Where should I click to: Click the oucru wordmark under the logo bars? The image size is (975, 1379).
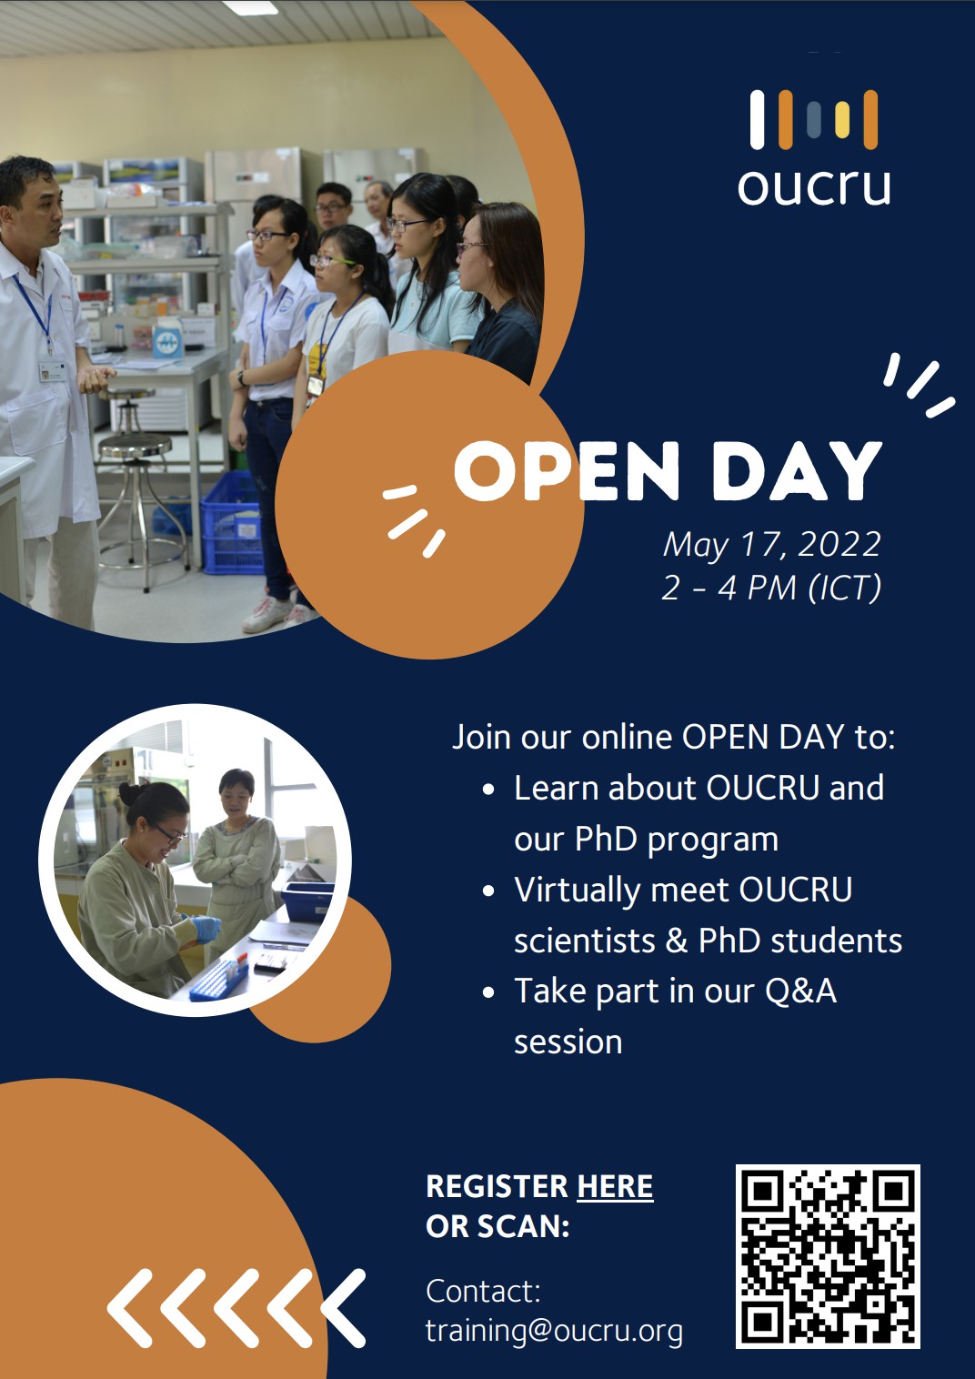tap(814, 186)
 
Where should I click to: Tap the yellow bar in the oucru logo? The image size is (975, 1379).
tap(842, 119)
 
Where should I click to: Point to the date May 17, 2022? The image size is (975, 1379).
tap(772, 545)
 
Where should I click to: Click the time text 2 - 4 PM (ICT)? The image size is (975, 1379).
tap(772, 588)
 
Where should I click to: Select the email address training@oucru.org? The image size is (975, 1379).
tap(554, 1331)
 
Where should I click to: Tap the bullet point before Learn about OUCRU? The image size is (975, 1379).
tap(488, 790)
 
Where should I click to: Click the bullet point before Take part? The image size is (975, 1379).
tap(488, 992)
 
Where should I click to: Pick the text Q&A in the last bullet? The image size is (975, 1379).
tap(800, 991)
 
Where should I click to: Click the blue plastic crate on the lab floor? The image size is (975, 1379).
tap(232, 523)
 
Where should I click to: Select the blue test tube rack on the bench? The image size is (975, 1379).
tap(218, 978)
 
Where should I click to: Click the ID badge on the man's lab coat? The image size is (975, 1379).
tap(53, 370)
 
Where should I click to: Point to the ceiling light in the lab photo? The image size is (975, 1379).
tap(250, 7)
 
